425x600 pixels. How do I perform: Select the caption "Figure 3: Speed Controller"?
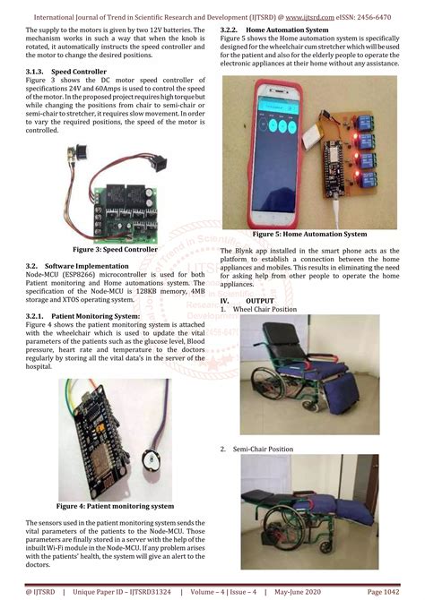(116, 250)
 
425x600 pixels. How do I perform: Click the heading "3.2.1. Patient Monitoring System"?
(82, 316)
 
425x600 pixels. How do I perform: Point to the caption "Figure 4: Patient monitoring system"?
(115, 506)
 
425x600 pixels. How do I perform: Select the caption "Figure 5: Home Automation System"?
(309, 234)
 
